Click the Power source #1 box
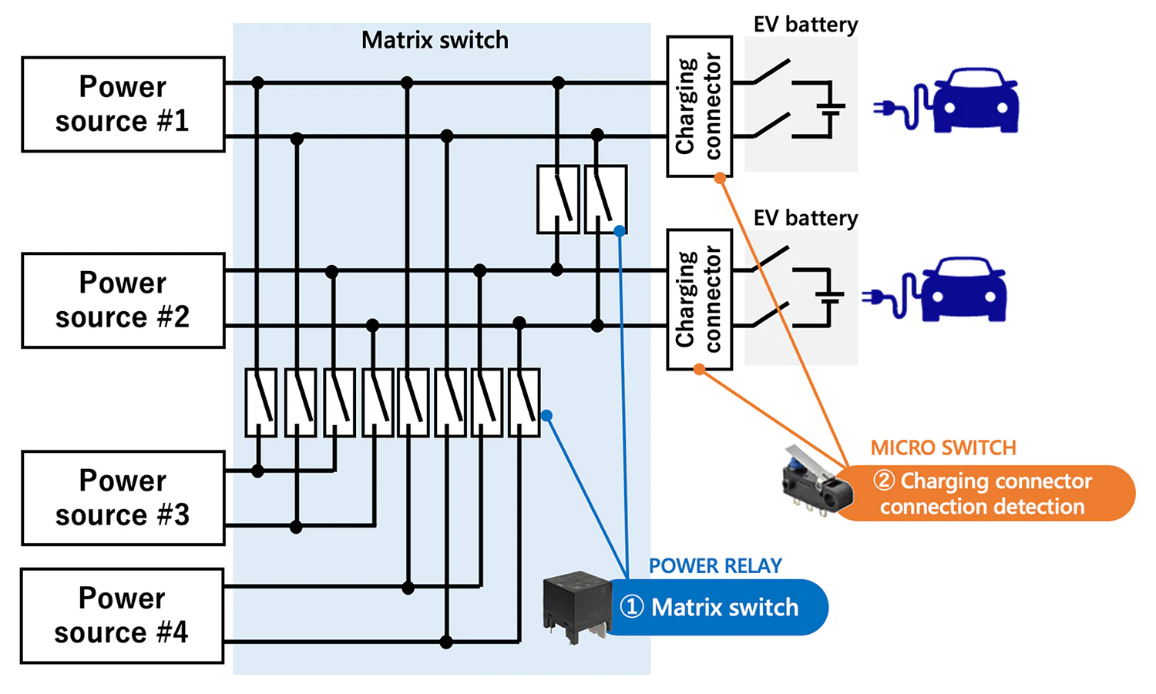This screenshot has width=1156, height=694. pyautogui.click(x=123, y=104)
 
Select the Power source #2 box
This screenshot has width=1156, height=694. pyautogui.click(x=123, y=300)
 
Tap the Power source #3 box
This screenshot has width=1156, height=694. pyautogui.click(x=123, y=498)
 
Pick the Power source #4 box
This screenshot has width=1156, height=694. pyautogui.click(x=123, y=615)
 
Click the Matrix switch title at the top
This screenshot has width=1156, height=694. pyautogui.click(x=435, y=40)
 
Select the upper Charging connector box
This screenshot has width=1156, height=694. pyautogui.click(x=699, y=106)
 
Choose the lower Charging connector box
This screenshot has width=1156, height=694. pyautogui.click(x=699, y=300)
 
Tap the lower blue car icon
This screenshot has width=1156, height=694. pyautogui.click(x=963, y=290)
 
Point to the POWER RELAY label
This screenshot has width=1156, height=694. pyautogui.click(x=715, y=566)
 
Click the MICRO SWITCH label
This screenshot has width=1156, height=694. pyautogui.click(x=943, y=448)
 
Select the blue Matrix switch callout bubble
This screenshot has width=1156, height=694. pyautogui.click(x=717, y=607)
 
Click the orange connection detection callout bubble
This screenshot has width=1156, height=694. pyautogui.click(x=985, y=494)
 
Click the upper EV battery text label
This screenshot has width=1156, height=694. pyautogui.click(x=805, y=25)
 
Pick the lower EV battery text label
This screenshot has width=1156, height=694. pyautogui.click(x=805, y=218)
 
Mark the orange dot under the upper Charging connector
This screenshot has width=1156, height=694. pyautogui.click(x=720, y=179)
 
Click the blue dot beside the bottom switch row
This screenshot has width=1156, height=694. pyautogui.click(x=546, y=416)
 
